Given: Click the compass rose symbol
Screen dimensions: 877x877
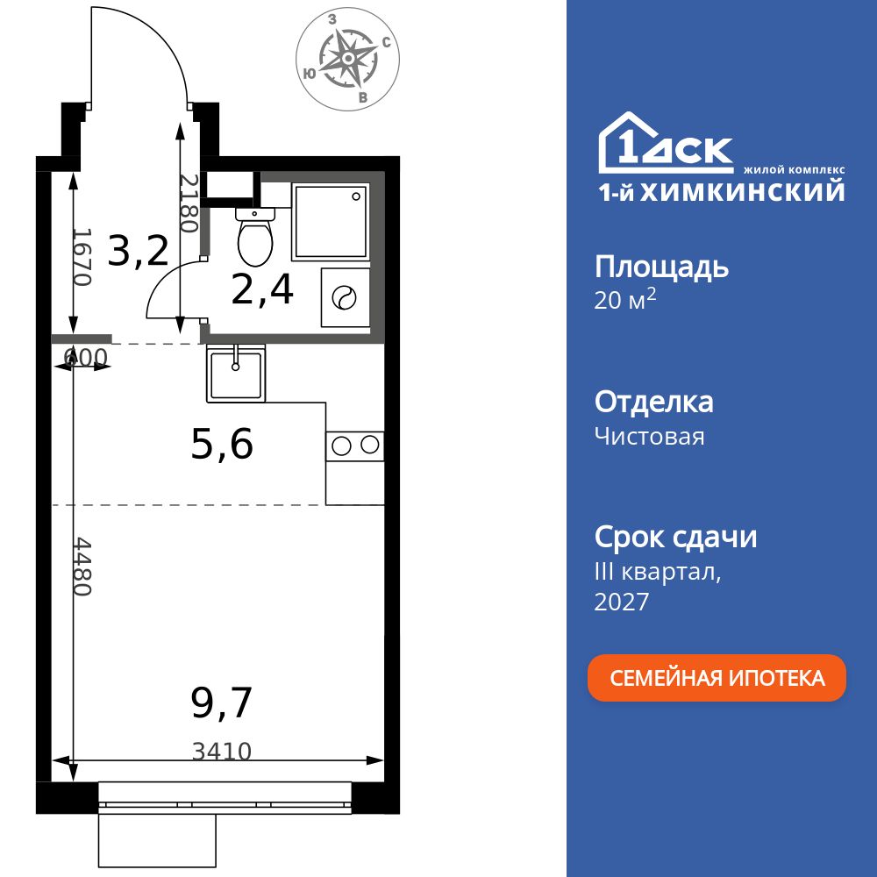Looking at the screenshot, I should pyautogui.click(x=348, y=59).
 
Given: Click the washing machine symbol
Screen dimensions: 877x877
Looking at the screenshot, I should pyautogui.click(x=345, y=298).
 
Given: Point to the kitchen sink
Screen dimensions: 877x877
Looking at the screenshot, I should pyautogui.click(x=236, y=374).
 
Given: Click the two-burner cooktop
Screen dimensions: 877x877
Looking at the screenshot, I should pyautogui.click(x=355, y=446).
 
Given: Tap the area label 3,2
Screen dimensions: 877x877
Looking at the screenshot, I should pyautogui.click(x=138, y=252).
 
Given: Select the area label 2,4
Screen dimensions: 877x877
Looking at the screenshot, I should pyautogui.click(x=262, y=290).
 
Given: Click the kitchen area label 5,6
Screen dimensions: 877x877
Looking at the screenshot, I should pyautogui.click(x=222, y=446).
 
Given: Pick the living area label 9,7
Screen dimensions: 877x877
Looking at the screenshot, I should pyautogui.click(x=222, y=702).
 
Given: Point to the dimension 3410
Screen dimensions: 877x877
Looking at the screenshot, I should pyautogui.click(x=222, y=751).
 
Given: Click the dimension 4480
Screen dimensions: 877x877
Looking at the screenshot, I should pyautogui.click(x=82, y=567).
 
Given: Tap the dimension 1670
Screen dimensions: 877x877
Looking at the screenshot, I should pyautogui.click(x=82, y=257).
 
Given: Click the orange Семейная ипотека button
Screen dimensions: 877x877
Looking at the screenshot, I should pyautogui.click(x=717, y=678).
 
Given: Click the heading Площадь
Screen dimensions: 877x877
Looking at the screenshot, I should pyautogui.click(x=661, y=267).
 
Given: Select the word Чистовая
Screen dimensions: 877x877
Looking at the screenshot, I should pyautogui.click(x=649, y=436).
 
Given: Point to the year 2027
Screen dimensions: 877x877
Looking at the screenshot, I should pyautogui.click(x=622, y=602).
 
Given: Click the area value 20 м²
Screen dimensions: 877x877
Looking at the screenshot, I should pyautogui.click(x=625, y=300).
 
